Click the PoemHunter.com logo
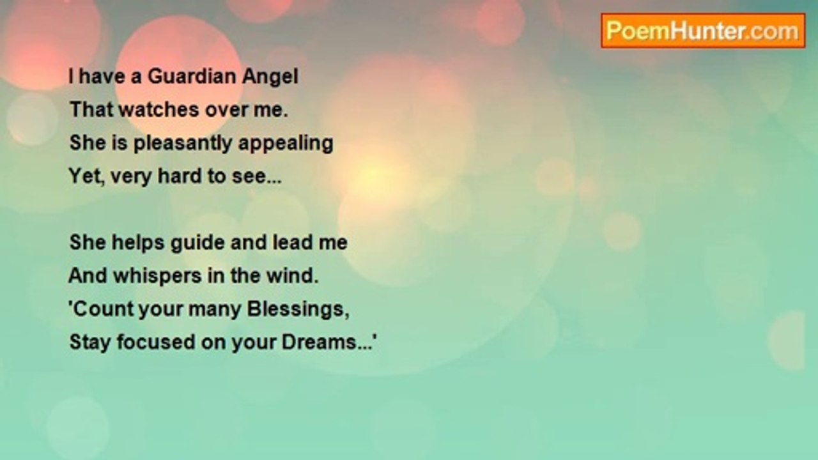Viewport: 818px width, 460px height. [x=703, y=31]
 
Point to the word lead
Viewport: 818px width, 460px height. [x=293, y=242]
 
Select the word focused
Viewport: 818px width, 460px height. [x=156, y=342]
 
